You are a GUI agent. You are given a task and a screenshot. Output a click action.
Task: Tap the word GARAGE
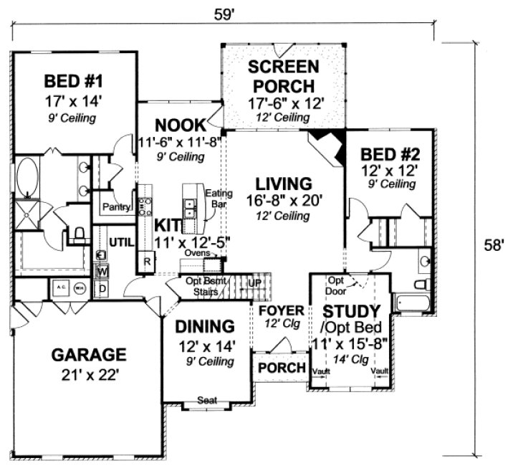[x=89, y=355]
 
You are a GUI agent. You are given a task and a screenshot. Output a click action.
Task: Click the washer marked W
[x=102, y=272]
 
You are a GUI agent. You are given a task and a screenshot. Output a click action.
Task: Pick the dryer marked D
[x=102, y=288]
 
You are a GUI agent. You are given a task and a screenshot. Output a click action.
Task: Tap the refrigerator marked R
[x=147, y=260]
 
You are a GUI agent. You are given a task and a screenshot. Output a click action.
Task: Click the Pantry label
[x=114, y=207]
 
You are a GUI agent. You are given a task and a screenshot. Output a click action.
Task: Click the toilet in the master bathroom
[x=80, y=231]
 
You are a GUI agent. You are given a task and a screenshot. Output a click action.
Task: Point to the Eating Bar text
[x=215, y=199]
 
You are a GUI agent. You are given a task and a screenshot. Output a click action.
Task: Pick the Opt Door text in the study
[x=336, y=285]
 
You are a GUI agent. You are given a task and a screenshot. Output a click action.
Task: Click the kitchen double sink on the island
[x=190, y=209]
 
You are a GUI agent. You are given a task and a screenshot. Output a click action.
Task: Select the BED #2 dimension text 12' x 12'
[x=388, y=170]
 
